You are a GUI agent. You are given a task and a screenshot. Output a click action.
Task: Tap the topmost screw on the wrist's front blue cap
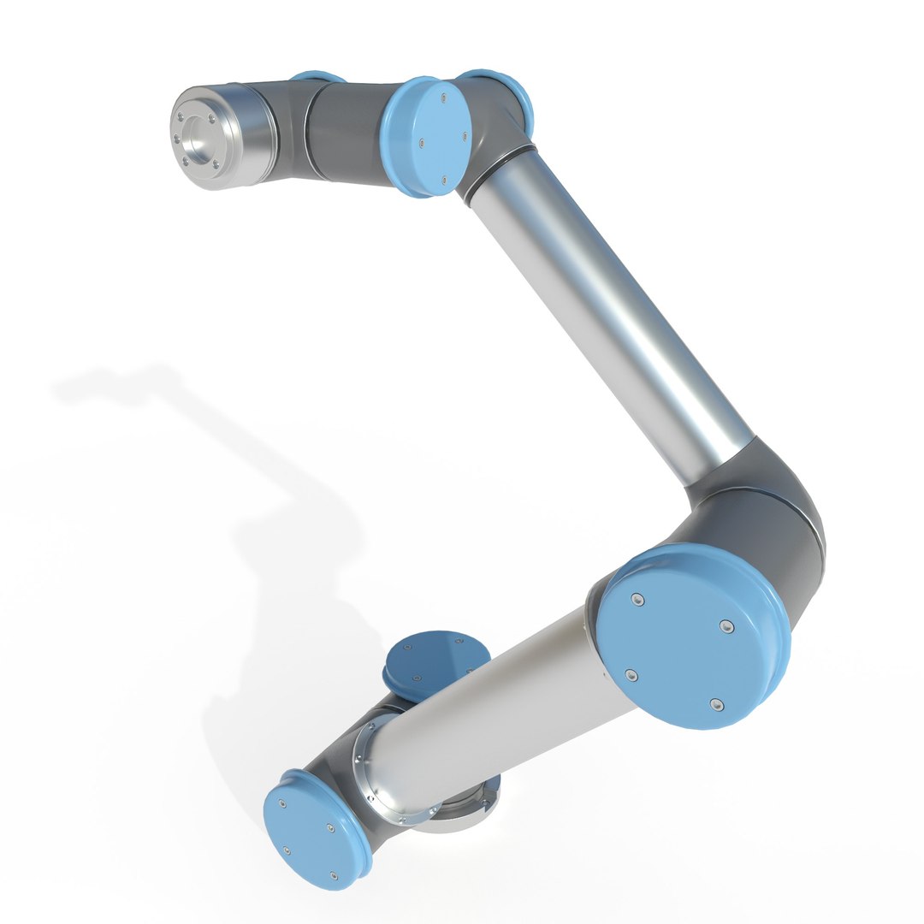tap(444, 98)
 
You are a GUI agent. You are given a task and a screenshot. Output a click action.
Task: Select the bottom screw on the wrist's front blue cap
tap(442, 180)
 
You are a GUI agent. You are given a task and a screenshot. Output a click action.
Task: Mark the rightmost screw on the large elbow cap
tap(726, 629)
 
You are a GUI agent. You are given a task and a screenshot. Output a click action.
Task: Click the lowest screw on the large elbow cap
tap(717, 705)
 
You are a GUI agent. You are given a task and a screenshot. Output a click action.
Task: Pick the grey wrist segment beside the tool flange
tap(342, 128)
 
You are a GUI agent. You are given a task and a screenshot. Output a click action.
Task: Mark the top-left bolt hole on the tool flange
tap(181, 117)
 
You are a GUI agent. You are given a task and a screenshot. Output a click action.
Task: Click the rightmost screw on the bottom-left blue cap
tap(330, 827)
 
